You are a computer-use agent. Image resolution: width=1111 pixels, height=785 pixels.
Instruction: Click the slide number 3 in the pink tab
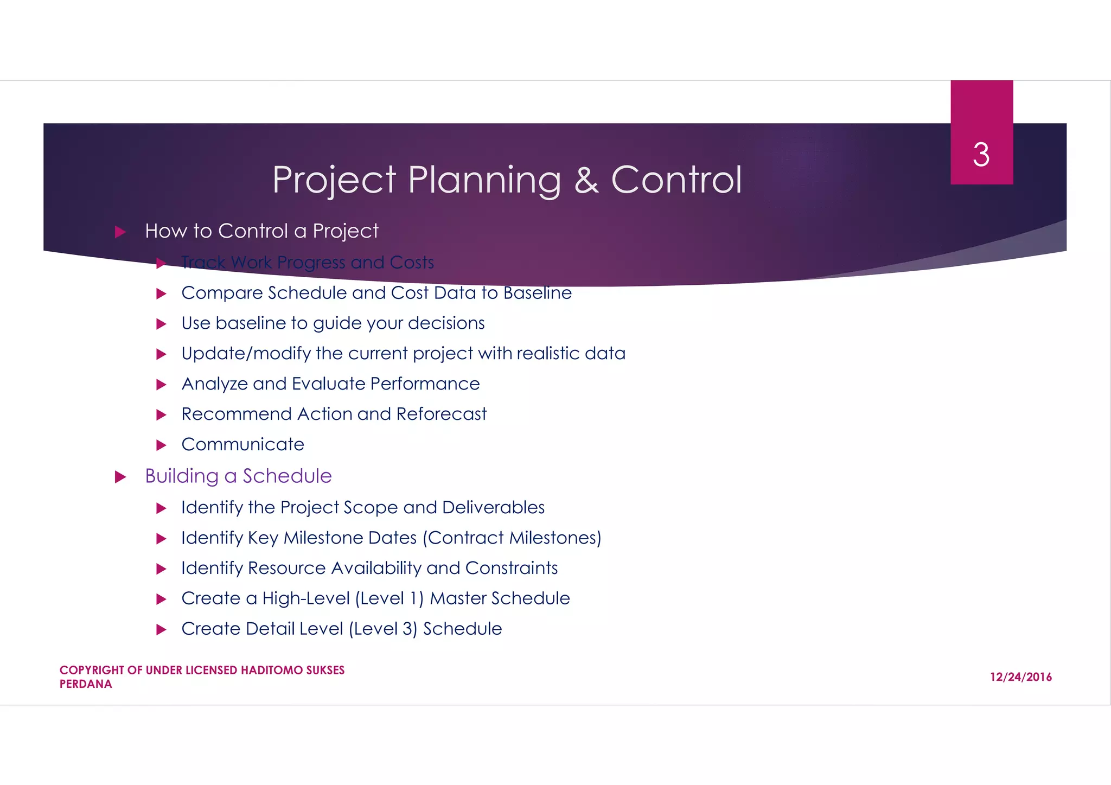(x=981, y=155)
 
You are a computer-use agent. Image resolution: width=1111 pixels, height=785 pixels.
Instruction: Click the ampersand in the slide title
(x=586, y=180)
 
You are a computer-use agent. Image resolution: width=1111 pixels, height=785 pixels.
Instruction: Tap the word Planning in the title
(x=484, y=180)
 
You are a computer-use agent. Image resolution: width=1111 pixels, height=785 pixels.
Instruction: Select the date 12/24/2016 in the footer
(x=1020, y=677)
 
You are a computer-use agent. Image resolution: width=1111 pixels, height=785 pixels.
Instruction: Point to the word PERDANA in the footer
(x=86, y=685)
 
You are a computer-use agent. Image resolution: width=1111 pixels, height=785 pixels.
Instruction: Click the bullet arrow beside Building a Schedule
(x=120, y=477)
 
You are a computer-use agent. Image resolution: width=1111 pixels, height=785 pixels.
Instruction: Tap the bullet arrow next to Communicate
(x=161, y=445)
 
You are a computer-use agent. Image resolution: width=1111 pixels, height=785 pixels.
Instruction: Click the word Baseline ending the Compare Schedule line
(x=537, y=293)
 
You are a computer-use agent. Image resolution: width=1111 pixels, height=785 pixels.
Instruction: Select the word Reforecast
(x=441, y=414)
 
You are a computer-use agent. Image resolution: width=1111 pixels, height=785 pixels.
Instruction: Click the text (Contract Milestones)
(x=512, y=538)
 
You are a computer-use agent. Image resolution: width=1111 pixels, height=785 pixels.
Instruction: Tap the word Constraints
(x=511, y=568)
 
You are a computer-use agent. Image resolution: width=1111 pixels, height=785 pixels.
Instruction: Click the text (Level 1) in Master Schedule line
(x=389, y=598)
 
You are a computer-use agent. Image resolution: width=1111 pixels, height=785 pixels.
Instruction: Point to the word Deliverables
(x=493, y=507)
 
